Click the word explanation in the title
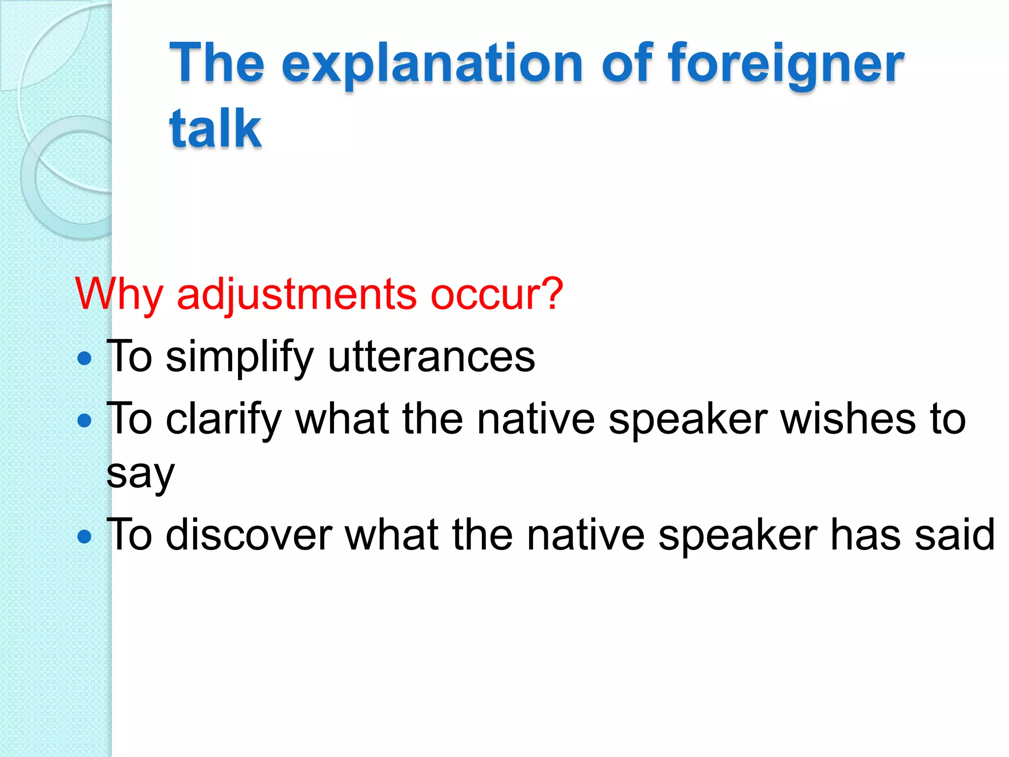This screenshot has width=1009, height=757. (x=432, y=64)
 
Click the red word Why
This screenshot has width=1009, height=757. (x=119, y=295)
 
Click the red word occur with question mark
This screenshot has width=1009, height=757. (x=497, y=295)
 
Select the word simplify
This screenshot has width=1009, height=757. (x=239, y=357)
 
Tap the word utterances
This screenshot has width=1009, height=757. (x=431, y=357)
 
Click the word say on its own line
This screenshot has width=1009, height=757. (x=140, y=474)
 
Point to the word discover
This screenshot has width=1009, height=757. (x=249, y=535)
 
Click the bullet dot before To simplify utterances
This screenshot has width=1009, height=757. (x=85, y=358)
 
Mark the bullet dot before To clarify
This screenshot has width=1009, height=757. (x=85, y=420)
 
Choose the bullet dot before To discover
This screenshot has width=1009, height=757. (x=85, y=537)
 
